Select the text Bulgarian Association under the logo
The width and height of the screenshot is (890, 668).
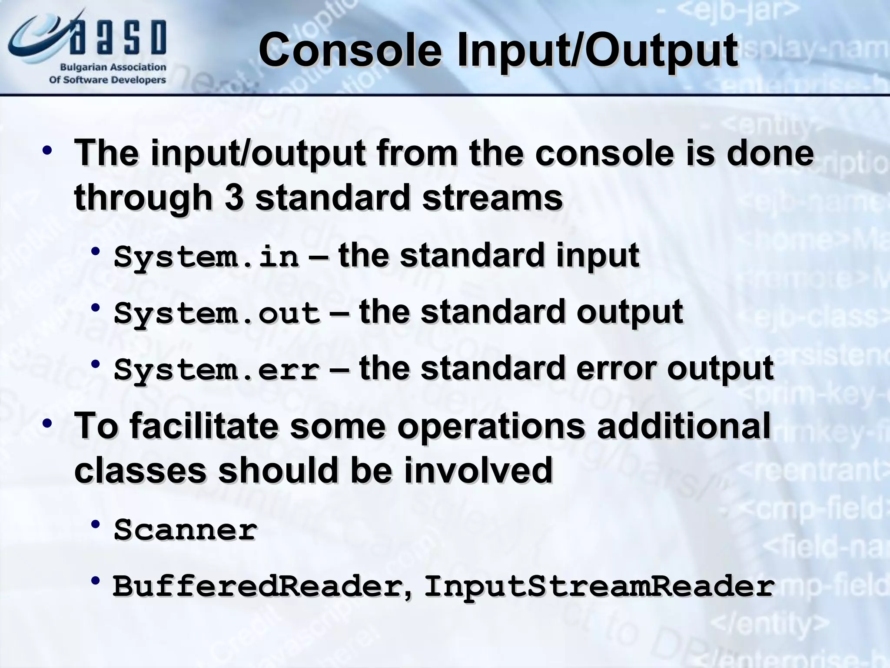pyautogui.click(x=113, y=67)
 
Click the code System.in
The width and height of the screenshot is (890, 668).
pyautogui.click(x=206, y=257)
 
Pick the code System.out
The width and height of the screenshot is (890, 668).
pyautogui.click(x=217, y=313)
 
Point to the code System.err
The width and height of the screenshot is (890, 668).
pyautogui.click(x=217, y=370)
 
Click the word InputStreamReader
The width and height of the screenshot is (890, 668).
pyautogui.click(x=599, y=586)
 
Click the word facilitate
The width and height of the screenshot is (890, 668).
pyautogui.click(x=204, y=426)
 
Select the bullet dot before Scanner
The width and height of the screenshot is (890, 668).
pyautogui.click(x=96, y=524)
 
